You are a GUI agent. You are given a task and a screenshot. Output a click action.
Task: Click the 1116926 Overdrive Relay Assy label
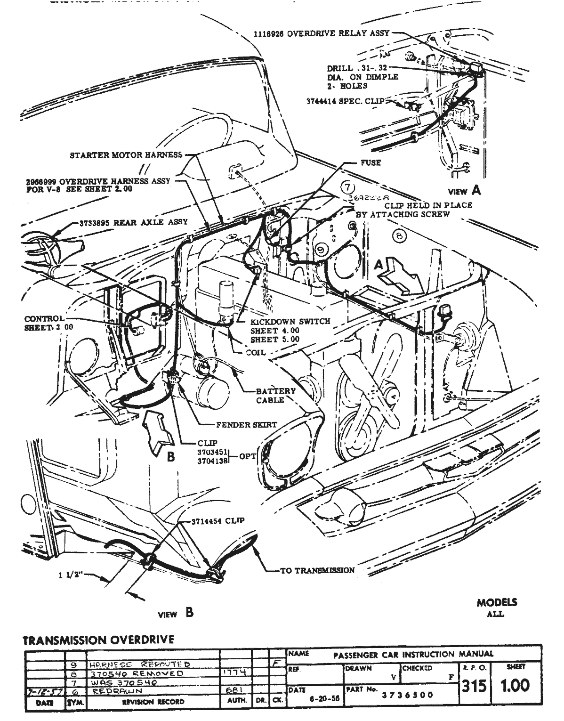coord(322,33)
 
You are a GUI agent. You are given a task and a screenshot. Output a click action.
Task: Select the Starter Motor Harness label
coord(126,155)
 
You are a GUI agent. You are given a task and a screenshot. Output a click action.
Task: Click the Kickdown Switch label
coord(290,321)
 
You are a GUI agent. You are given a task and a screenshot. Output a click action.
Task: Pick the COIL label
coord(256,352)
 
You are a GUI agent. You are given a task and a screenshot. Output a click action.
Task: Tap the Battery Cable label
coord(276,395)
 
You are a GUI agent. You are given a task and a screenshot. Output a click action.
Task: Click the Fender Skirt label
coord(246,425)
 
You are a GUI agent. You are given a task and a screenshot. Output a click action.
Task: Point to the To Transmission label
coord(317,570)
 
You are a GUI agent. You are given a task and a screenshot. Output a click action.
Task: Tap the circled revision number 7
coord(347,187)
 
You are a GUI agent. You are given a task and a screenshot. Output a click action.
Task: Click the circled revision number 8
coord(400,236)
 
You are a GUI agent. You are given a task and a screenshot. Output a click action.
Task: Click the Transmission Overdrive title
coord(98,640)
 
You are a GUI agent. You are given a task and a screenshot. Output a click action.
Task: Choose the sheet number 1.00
coord(515,685)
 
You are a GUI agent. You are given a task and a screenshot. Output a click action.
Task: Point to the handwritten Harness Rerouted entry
coord(139,664)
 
